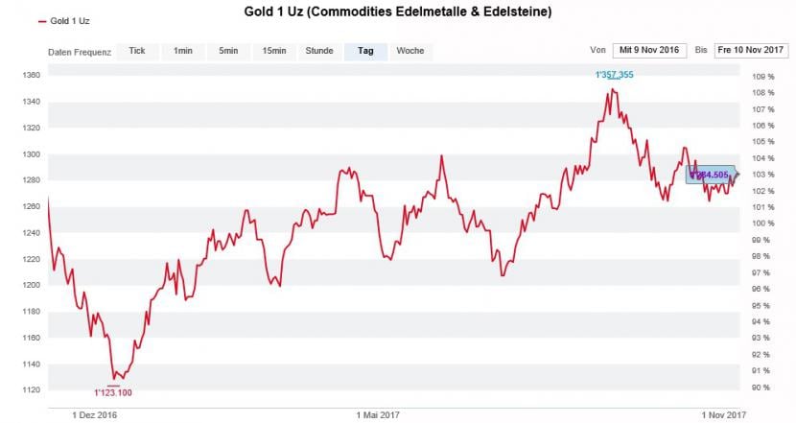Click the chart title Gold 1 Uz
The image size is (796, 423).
point(397,12)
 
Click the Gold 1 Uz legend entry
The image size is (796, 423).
point(67,20)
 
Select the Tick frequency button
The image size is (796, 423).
point(137,51)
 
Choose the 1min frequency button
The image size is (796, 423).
point(182,51)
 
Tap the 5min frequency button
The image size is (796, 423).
point(228,51)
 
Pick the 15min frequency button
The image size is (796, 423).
point(274,51)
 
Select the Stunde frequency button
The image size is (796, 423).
point(319,51)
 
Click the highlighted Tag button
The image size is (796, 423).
point(365,51)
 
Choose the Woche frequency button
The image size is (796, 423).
point(410,51)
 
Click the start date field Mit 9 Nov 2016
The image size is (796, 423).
point(649,50)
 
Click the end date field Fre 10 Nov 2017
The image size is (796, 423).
point(751,50)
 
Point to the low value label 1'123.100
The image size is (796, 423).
point(113,392)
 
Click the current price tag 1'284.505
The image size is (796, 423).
point(711,175)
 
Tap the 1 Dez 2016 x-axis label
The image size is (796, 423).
point(95,415)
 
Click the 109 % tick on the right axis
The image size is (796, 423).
point(763,77)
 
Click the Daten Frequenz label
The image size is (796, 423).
point(80,52)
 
